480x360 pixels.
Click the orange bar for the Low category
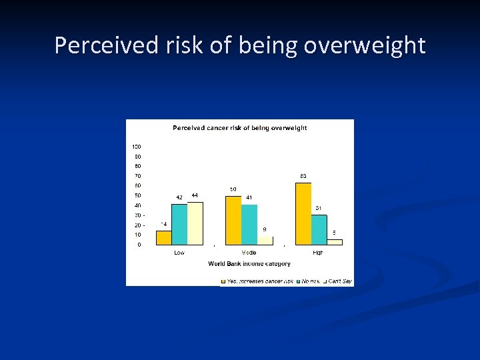pos(164,238)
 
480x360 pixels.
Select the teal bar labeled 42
pos(179,225)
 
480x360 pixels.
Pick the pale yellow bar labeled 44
pos(195,223)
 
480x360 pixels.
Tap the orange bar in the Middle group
pos(233,221)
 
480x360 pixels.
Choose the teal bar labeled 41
pos(249,225)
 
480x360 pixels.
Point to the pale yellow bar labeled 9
pos(265,241)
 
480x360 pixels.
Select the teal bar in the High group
pos(319,230)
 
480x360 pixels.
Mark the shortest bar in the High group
pos(335,242)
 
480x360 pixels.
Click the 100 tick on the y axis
pos(137,147)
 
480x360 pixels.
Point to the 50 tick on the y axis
pos(137,195)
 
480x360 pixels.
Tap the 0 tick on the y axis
pos(139,245)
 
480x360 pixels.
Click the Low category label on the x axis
pos(179,253)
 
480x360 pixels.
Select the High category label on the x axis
pos(318,253)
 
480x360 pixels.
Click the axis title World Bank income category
pos(249,264)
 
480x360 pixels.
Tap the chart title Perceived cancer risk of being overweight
pos(239,128)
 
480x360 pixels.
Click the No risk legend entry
pos(310,281)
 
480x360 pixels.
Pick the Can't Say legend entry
pos(339,281)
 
